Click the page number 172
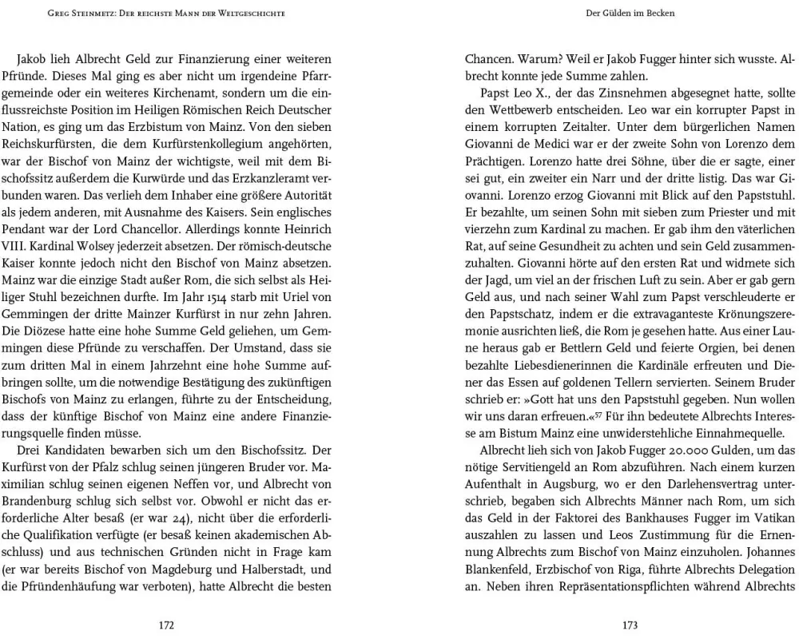[166, 625]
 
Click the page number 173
[630, 625]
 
